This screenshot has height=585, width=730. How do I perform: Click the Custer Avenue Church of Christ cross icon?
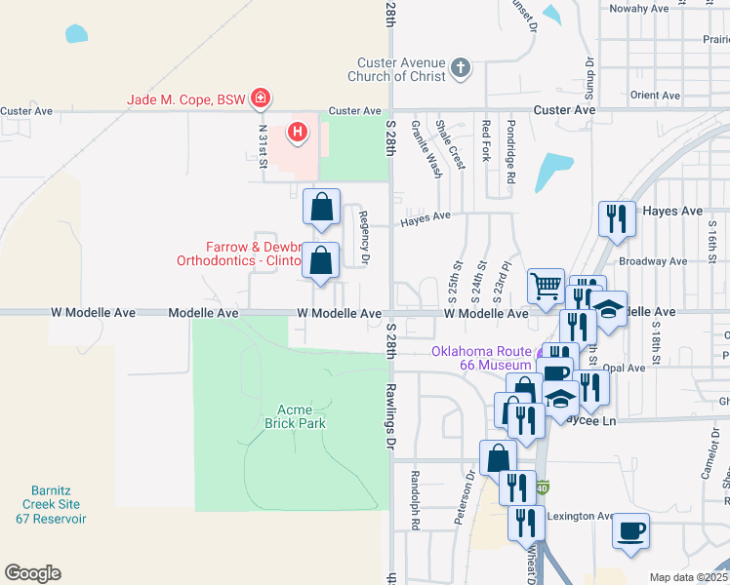click(461, 69)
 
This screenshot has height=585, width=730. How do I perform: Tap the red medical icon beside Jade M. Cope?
click(261, 97)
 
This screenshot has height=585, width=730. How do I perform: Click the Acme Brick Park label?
click(294, 416)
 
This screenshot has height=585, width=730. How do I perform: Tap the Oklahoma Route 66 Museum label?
click(482, 358)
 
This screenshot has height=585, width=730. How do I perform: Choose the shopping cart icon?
click(546, 286)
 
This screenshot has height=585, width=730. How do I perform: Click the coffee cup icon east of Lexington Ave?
click(630, 531)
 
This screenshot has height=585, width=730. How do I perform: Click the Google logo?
click(32, 573)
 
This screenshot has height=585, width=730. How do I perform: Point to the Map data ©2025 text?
click(687, 577)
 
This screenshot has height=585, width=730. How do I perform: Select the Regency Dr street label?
click(363, 237)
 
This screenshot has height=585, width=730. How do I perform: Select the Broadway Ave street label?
click(653, 261)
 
